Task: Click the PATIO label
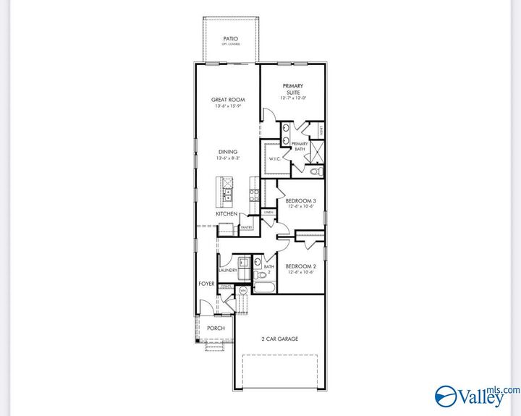tap(231, 38)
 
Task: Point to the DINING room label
tap(226, 153)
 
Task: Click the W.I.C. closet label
tap(274, 158)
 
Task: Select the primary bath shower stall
tap(315, 152)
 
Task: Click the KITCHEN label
tap(226, 214)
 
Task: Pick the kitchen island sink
tap(227, 194)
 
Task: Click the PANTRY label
tap(246, 227)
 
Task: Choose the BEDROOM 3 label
tap(300, 200)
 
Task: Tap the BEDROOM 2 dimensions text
tap(300, 272)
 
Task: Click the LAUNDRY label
tap(228, 271)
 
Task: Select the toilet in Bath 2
tap(263, 275)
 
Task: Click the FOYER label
tap(207, 284)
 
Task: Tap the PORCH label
tap(216, 328)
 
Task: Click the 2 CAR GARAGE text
tap(279, 339)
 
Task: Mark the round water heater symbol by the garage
tap(242, 290)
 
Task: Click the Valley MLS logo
tap(470, 394)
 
